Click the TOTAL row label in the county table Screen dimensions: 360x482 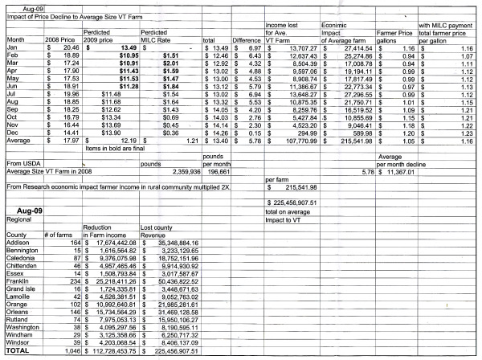pyautogui.click(x=18, y=352)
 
